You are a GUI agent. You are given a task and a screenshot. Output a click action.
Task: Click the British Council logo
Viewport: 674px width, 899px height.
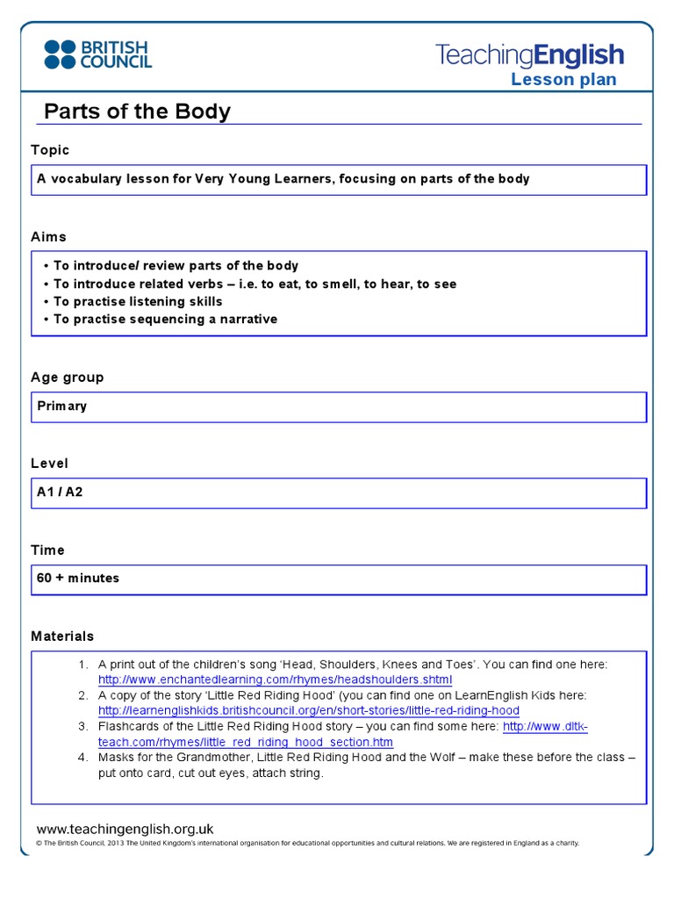[x=97, y=54]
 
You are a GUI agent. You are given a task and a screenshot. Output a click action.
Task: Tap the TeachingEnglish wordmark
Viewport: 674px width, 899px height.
[x=530, y=56]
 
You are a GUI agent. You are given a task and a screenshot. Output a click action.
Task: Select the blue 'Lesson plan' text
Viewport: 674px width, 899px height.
[x=563, y=80]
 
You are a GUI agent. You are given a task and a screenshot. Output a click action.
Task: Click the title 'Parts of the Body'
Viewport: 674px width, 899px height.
[x=137, y=111]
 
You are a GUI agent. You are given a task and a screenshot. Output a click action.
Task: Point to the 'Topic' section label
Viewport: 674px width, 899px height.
[x=50, y=150]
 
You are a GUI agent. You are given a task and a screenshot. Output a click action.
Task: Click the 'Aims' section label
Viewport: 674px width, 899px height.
[x=48, y=237]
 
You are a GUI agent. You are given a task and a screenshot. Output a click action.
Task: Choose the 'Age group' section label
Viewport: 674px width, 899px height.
[x=67, y=377]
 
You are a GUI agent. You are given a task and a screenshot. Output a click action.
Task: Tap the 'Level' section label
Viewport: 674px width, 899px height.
[x=49, y=463]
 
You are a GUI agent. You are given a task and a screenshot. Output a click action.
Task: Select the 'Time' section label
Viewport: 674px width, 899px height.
[x=47, y=550]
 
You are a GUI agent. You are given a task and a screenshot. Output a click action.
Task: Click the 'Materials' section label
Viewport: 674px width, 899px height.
[x=62, y=636]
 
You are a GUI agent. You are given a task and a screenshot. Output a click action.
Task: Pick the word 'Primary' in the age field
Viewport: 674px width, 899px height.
[x=61, y=406]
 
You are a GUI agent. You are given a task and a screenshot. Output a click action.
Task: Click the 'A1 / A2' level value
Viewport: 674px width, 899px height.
[x=60, y=492]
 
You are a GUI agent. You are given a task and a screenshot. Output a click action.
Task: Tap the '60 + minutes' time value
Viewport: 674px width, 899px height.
[x=78, y=578]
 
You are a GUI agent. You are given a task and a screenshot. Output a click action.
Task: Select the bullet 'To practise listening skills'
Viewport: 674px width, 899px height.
[x=138, y=301]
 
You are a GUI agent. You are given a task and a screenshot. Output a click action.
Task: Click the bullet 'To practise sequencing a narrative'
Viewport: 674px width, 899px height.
[x=165, y=319]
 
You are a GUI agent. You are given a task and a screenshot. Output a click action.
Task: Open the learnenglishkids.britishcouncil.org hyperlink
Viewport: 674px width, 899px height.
[x=308, y=710]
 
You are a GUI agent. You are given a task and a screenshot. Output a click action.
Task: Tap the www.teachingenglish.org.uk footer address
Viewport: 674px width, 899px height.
[x=125, y=829]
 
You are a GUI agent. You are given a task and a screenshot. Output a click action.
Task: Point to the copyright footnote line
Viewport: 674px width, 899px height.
[x=307, y=844]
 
